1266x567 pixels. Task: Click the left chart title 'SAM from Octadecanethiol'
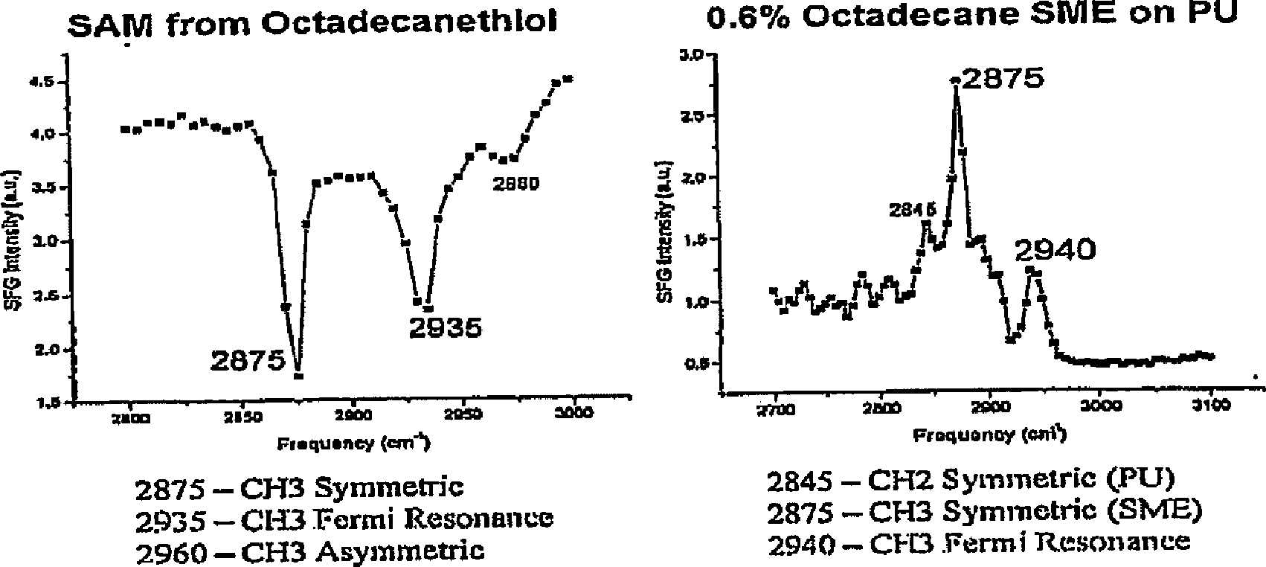pos(312,24)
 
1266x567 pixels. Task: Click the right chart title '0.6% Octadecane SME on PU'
pos(971,16)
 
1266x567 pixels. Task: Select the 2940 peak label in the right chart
pos(1055,251)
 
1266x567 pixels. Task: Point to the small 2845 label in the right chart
pos(912,211)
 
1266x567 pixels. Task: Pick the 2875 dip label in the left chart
pos(248,361)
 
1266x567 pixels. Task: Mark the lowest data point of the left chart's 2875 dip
pos(298,376)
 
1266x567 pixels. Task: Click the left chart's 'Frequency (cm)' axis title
pos(353,443)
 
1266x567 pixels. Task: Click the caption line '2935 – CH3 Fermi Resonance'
pos(344,518)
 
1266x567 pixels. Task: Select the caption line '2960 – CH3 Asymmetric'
pos(310,551)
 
